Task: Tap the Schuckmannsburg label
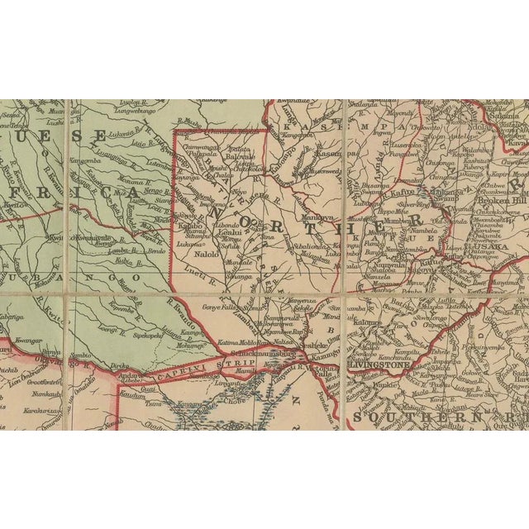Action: pyautogui.click(x=269, y=353)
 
